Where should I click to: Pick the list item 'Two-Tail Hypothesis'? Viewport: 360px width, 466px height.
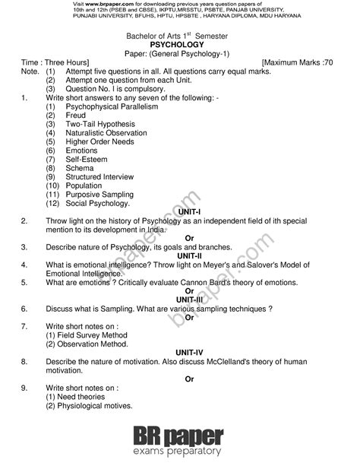pos(99,124)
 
